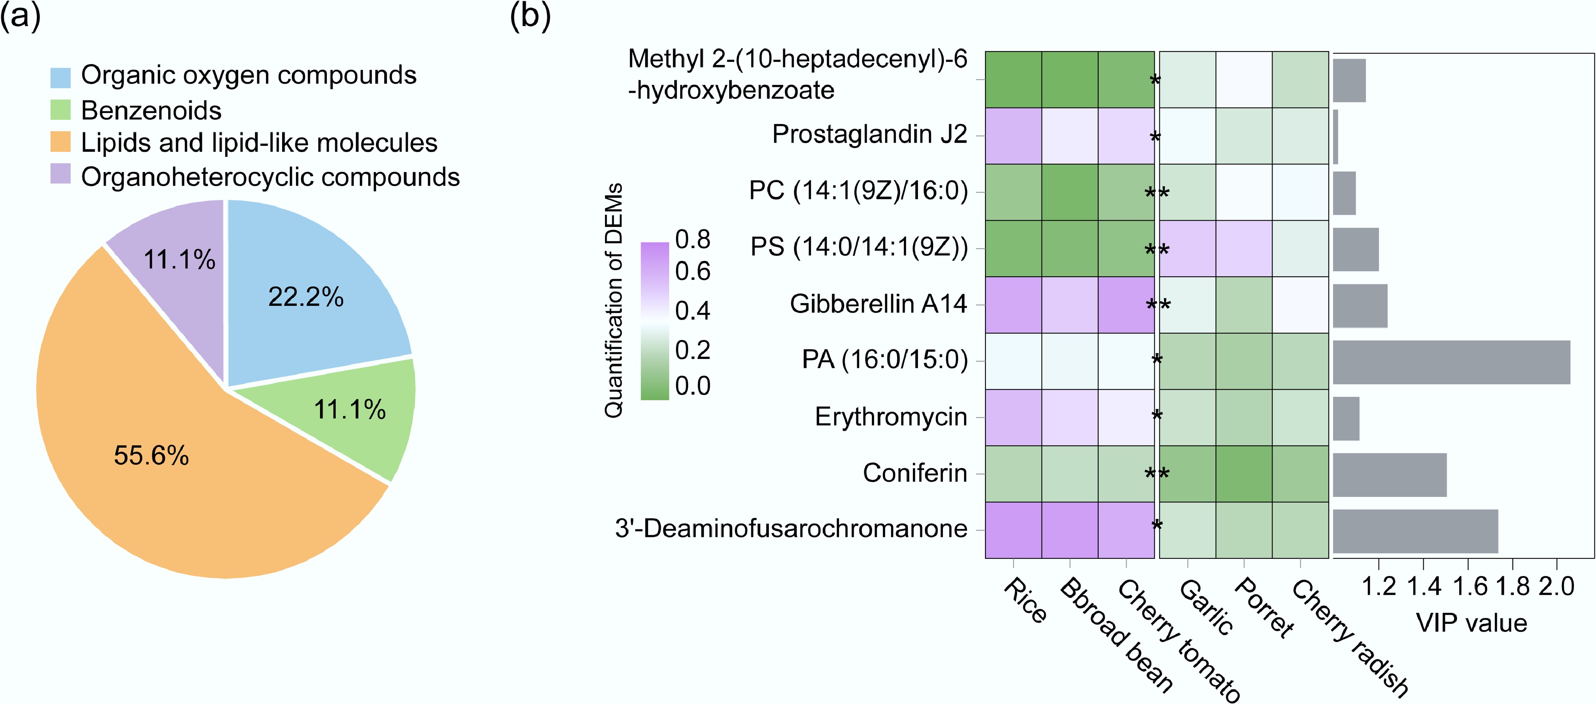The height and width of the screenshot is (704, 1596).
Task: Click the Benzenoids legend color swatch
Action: point(60,110)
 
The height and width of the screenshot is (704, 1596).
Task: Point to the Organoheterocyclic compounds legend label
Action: point(270,177)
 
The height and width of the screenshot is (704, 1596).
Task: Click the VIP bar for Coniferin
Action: point(1390,474)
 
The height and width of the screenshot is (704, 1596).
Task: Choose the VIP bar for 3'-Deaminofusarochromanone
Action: point(1415,531)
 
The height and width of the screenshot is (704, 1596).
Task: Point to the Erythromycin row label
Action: point(890,417)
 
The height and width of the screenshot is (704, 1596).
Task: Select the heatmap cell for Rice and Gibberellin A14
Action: point(1013,305)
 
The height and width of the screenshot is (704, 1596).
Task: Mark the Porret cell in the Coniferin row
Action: point(1243,474)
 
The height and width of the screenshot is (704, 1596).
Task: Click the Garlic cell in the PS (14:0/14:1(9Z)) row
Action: point(1187,248)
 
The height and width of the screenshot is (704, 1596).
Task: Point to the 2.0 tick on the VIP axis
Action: point(1556,586)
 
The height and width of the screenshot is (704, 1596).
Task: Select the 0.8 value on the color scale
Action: point(693,240)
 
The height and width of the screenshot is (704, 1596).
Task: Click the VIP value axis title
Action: point(1471,623)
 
